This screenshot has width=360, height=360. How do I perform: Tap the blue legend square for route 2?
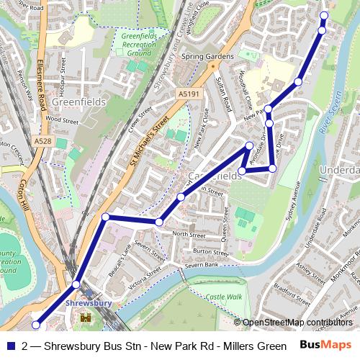tap(10, 346)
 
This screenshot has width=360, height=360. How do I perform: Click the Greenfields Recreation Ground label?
tap(138, 44)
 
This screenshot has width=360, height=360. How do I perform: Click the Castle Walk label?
tap(224, 296)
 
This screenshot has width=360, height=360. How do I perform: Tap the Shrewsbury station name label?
tap(89, 304)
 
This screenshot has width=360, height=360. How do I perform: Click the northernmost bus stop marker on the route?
tap(323, 16)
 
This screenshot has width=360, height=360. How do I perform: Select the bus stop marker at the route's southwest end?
tap(36, 325)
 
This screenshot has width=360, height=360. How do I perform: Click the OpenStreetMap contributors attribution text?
tap(297, 323)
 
